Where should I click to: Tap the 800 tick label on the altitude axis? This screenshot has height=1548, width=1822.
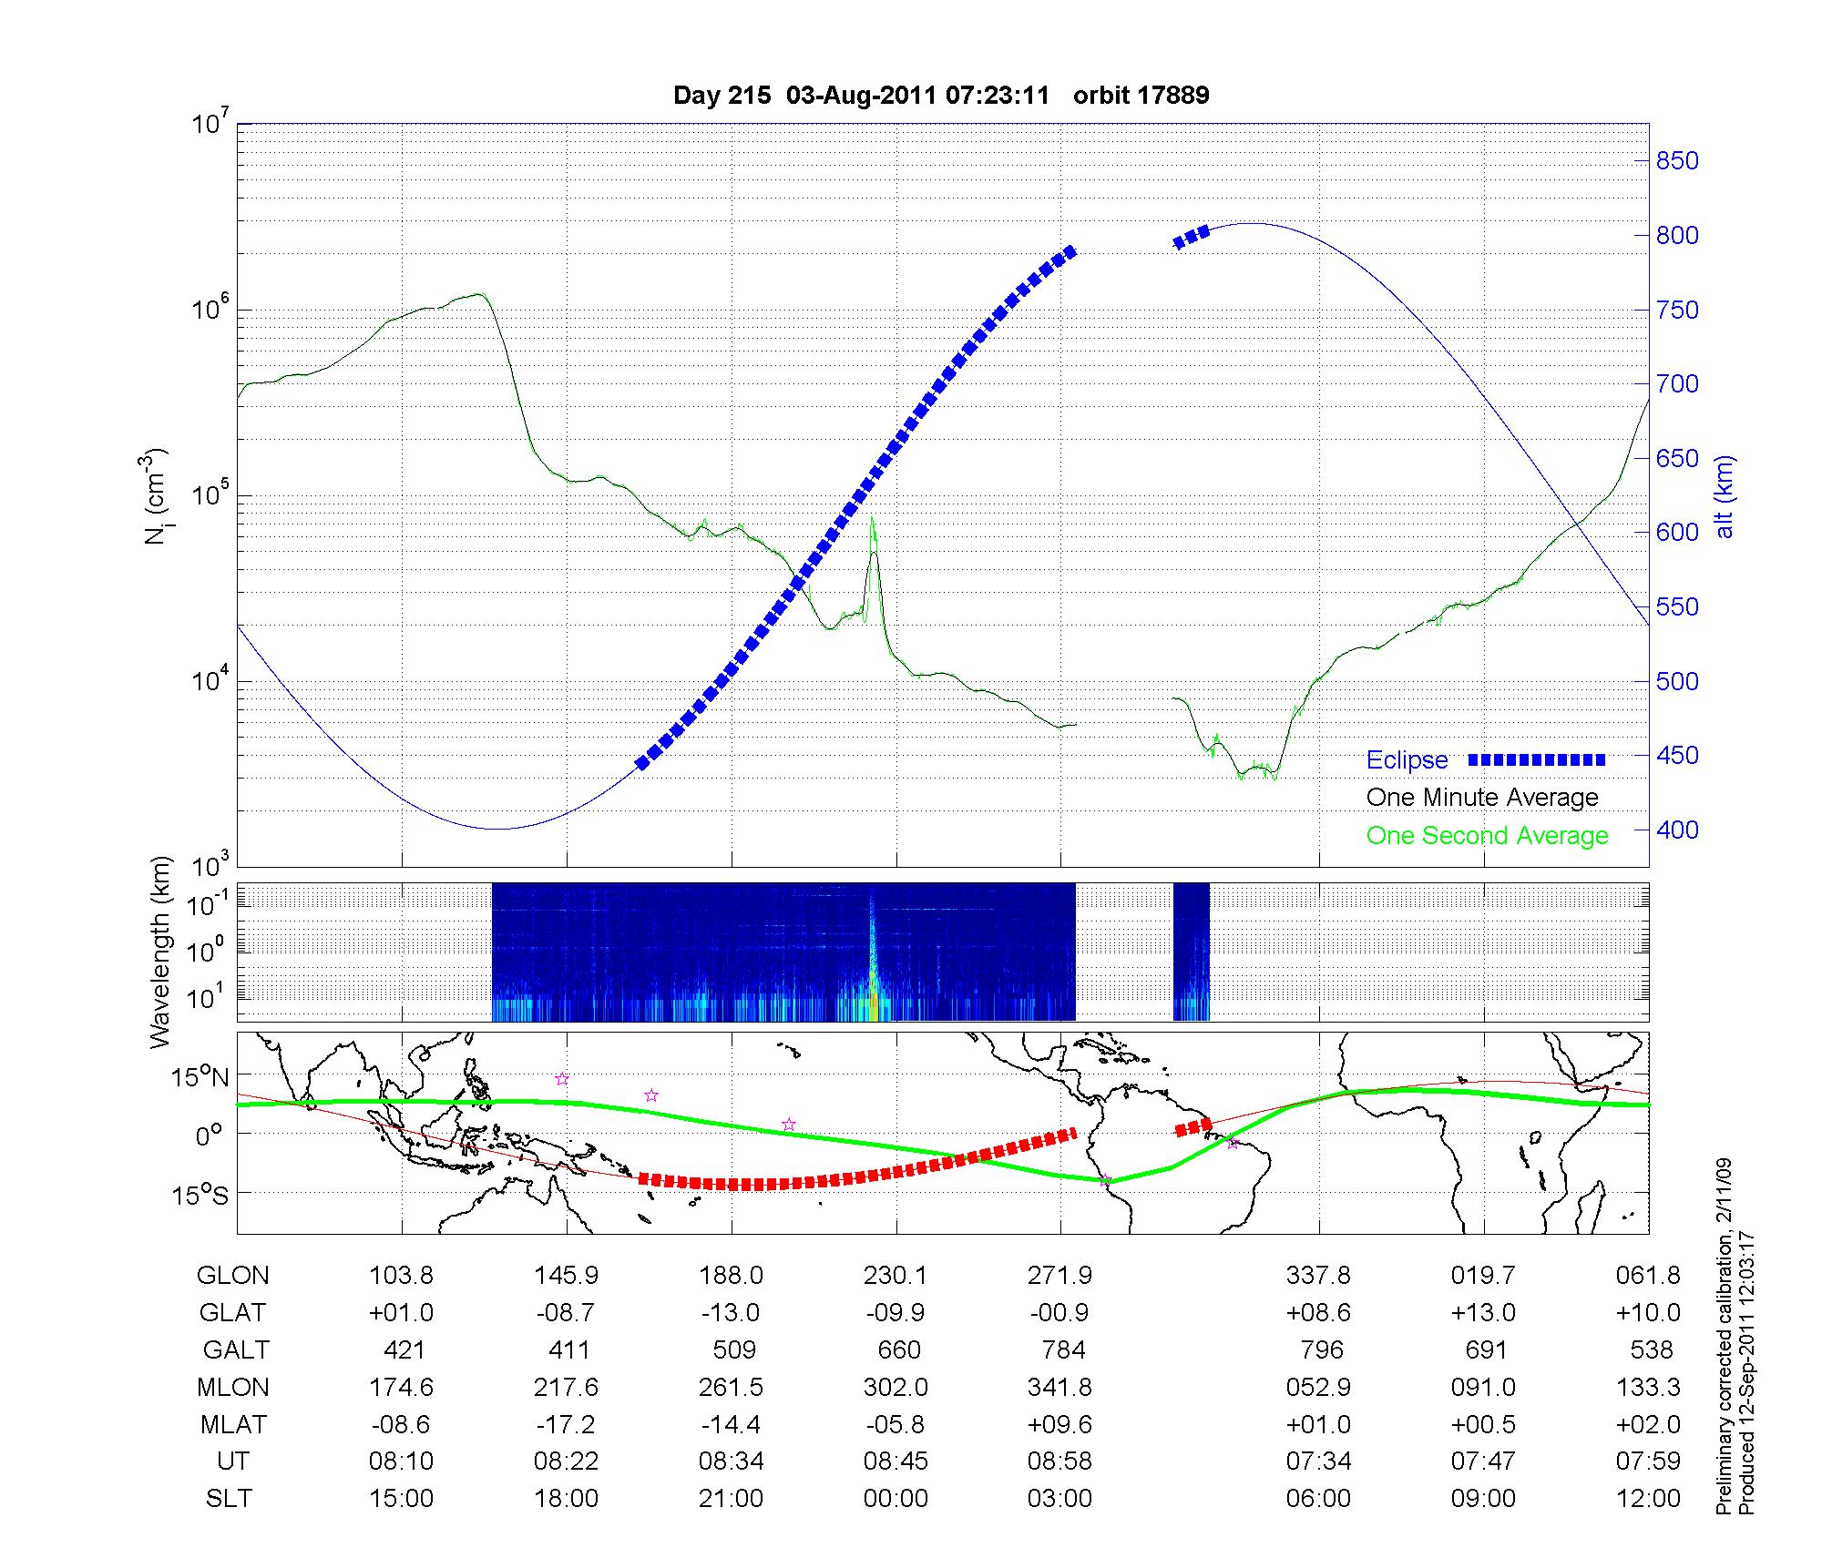click(1677, 236)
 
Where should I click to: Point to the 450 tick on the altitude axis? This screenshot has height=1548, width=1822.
click(1677, 756)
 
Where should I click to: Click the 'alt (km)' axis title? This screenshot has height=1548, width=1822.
click(1725, 497)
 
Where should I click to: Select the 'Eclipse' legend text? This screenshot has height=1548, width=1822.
click(1407, 760)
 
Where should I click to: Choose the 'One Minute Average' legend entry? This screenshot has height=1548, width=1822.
click(1482, 798)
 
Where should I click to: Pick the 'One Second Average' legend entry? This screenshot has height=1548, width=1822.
click(1487, 836)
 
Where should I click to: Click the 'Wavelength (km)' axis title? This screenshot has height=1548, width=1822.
click(160, 952)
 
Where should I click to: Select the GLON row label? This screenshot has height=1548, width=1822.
click(232, 1276)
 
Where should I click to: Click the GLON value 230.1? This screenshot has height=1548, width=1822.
click(896, 1276)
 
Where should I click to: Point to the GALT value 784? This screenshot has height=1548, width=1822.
click(1062, 1349)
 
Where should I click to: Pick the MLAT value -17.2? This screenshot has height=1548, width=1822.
click(566, 1424)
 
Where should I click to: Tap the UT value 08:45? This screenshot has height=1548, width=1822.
click(896, 1461)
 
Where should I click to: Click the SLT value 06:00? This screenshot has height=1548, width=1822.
click(1318, 1499)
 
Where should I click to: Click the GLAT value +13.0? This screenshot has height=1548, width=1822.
click(1483, 1313)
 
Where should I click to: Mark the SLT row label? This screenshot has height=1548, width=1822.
click(228, 1499)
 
